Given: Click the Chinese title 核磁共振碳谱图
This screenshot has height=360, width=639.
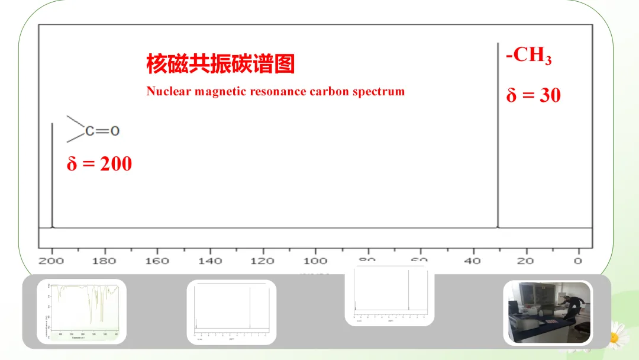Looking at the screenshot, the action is point(220,64).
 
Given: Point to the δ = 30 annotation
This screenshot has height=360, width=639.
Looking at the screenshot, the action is point(533,95).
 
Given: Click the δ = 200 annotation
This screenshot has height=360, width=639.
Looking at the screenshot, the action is point(99,164).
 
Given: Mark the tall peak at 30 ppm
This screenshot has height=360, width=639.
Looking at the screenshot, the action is point(498,136).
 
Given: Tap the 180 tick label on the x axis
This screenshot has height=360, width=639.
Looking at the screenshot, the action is point(105,261).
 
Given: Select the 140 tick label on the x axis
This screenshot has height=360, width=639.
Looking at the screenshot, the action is point(210,261).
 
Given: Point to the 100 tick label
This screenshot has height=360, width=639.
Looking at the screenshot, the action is point(315,261).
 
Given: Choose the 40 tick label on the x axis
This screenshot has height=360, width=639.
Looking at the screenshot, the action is point(472,261).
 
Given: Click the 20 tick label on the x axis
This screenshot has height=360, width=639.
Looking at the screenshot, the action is point(525,261).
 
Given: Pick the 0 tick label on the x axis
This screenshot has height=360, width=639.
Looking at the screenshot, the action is point(577,261).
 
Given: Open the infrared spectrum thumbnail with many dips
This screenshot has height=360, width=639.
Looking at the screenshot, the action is point(82,311).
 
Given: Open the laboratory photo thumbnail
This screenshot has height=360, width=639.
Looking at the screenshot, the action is point(547,312).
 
